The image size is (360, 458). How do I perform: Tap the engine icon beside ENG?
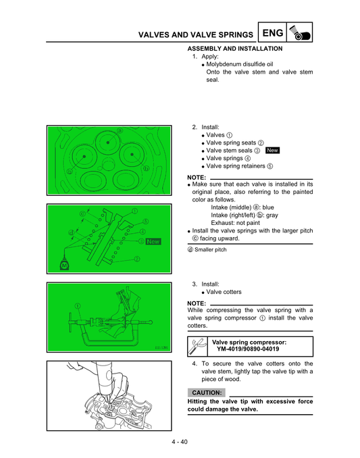coord(299,32)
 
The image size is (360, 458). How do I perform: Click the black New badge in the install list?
coord(273,150)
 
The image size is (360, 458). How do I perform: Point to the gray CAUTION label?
coord(207,392)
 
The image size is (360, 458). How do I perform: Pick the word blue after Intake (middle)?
coord(267,207)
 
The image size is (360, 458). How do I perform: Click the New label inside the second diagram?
coord(153,240)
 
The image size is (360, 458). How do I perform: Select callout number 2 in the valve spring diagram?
coord(137,259)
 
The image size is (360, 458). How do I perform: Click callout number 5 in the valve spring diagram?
coord(146,221)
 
